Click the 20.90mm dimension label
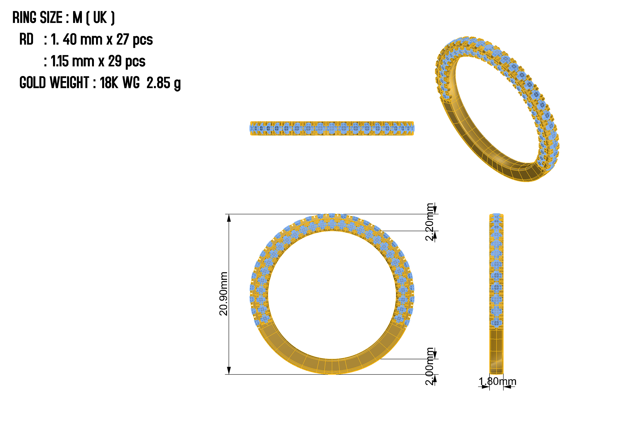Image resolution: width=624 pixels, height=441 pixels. [223, 294]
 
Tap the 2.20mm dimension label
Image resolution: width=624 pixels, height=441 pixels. [430, 222]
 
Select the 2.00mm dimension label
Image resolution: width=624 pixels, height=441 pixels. [430, 366]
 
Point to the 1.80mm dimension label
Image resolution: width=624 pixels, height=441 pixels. [497, 382]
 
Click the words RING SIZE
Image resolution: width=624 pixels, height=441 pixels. [38, 18]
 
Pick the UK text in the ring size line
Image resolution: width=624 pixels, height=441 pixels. [100, 18]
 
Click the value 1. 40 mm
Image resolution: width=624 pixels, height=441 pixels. [77, 39]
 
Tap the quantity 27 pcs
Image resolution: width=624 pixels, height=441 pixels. [135, 40]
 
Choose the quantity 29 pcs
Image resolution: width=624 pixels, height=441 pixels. [127, 61]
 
